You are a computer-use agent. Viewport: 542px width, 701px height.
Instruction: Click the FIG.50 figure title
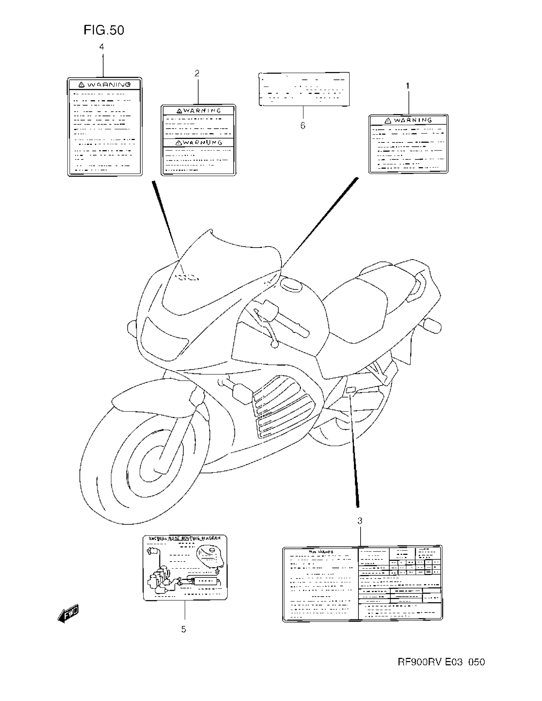pos(104,30)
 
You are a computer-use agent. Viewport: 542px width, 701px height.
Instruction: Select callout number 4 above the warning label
pos(102,47)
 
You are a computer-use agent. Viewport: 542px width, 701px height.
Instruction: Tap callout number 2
pos(197,73)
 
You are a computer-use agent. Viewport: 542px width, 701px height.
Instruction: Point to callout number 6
pos(303,126)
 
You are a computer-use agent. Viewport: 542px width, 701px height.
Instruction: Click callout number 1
pos(408,86)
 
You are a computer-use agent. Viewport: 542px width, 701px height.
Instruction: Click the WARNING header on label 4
pos(105,85)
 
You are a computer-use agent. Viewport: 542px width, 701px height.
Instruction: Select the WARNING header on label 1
pos(408,120)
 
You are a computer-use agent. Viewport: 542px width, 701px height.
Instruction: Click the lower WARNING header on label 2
pos(198,142)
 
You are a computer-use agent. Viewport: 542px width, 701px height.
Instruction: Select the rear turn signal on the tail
pos(432,326)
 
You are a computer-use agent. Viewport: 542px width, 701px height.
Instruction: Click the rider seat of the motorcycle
pos(356,308)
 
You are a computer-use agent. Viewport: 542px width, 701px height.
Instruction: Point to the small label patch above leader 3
pos(351,390)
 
